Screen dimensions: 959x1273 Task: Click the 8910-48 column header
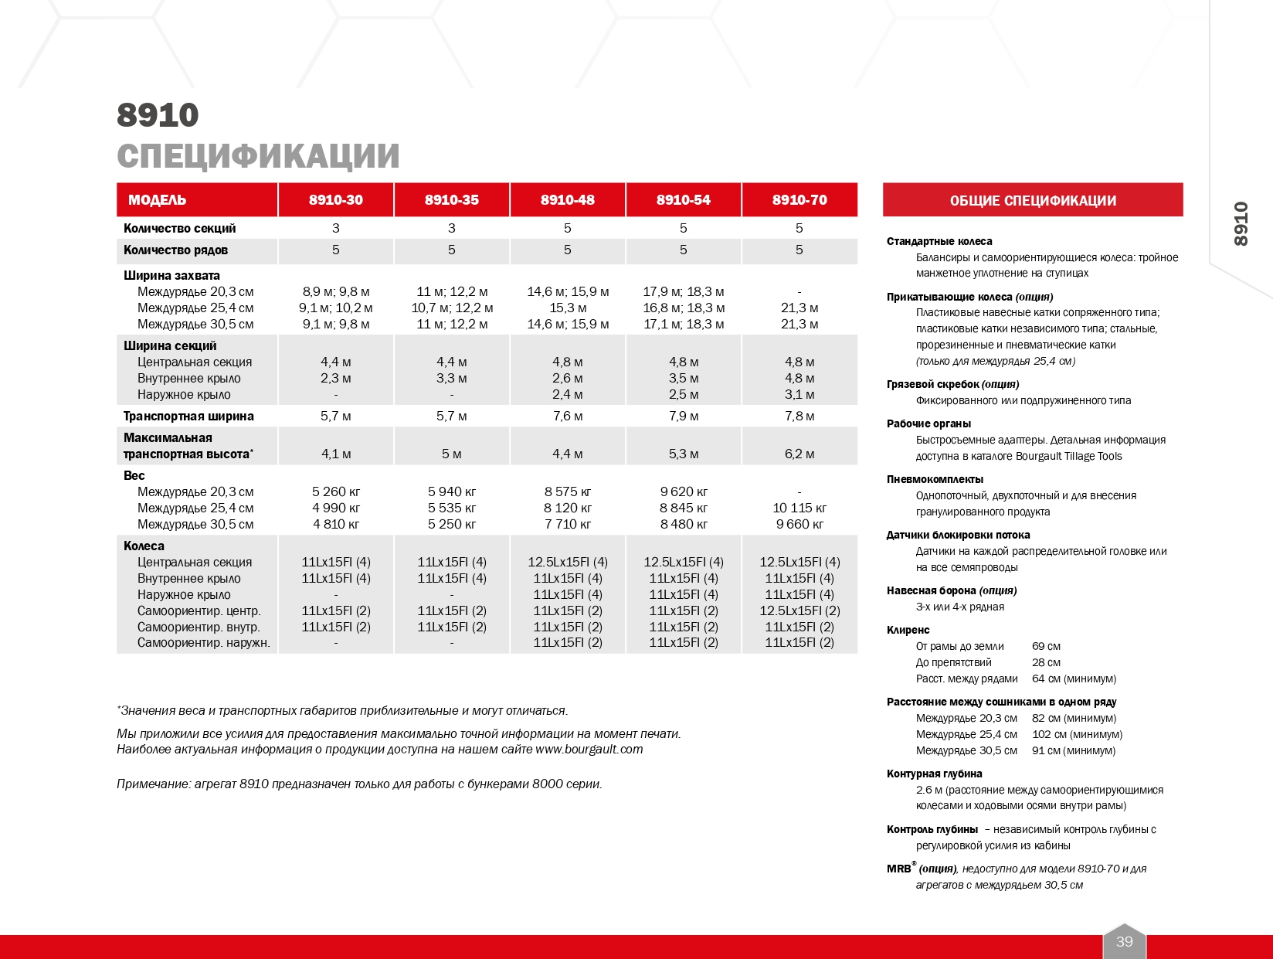pyautogui.click(x=567, y=200)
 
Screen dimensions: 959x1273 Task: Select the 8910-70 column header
pyautogui.click(x=799, y=200)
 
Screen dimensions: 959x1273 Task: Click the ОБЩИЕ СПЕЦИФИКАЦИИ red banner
pyautogui.click(x=1033, y=201)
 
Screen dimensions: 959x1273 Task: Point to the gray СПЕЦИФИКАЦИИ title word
pyautogui.click(x=258, y=156)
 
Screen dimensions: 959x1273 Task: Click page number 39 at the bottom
pyautogui.click(x=1124, y=941)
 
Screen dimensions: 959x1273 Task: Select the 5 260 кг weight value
pyautogui.click(x=336, y=491)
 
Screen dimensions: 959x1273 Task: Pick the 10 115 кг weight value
pyautogui.click(x=799, y=508)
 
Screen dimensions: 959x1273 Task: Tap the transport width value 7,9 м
pyautogui.click(x=684, y=416)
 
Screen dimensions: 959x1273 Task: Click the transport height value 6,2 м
pyautogui.click(x=799, y=454)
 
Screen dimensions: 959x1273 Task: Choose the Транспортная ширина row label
pyautogui.click(x=188, y=416)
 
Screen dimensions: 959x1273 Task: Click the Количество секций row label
pyautogui.click(x=179, y=228)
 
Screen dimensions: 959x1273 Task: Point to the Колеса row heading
pyautogui.click(x=144, y=546)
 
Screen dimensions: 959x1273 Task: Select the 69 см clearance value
pyautogui.click(x=1046, y=646)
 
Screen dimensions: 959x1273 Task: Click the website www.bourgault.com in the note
pyautogui.click(x=589, y=749)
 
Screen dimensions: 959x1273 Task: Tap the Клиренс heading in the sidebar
pyautogui.click(x=908, y=630)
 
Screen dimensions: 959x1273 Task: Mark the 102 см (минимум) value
pyautogui.click(x=1077, y=734)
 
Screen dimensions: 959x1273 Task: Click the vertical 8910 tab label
pyautogui.click(x=1241, y=224)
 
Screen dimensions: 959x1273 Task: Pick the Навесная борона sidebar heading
pyautogui.click(x=932, y=590)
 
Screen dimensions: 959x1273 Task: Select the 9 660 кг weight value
pyautogui.click(x=799, y=524)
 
